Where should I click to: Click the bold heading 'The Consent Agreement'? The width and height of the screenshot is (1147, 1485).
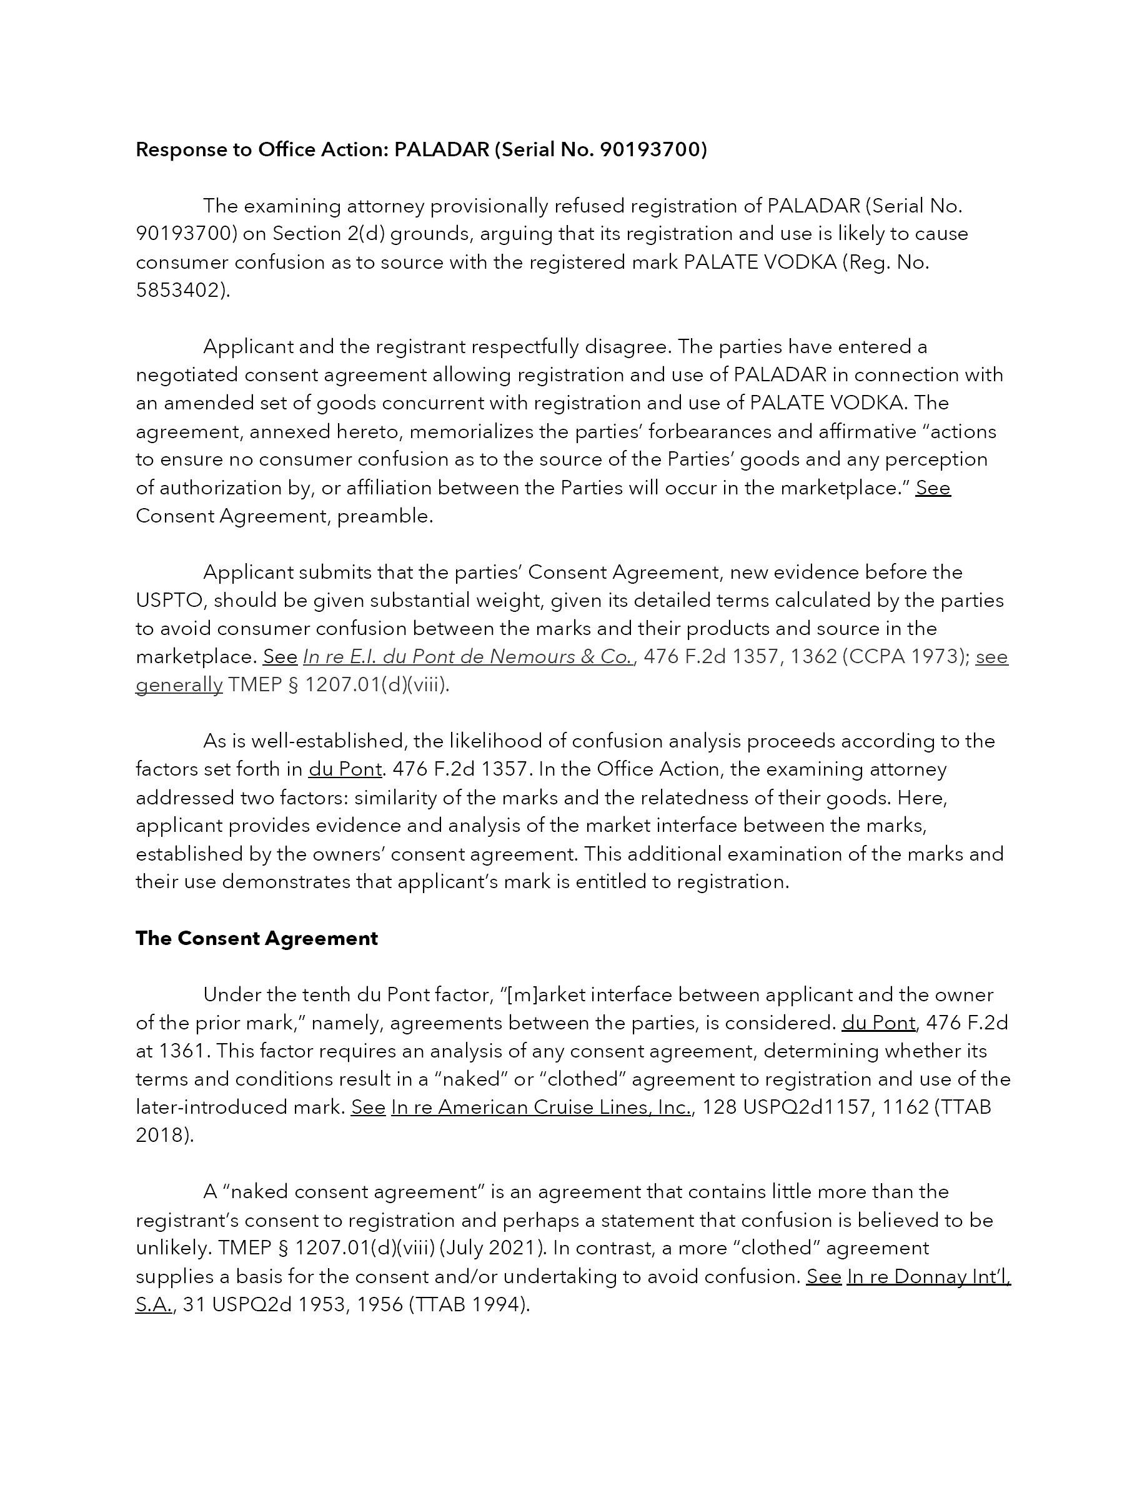coord(256,938)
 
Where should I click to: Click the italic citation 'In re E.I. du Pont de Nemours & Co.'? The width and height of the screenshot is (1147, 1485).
coord(468,657)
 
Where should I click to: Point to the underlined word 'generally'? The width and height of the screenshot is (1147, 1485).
coord(179,685)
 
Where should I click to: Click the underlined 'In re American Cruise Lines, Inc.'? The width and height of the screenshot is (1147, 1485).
coord(541,1107)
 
